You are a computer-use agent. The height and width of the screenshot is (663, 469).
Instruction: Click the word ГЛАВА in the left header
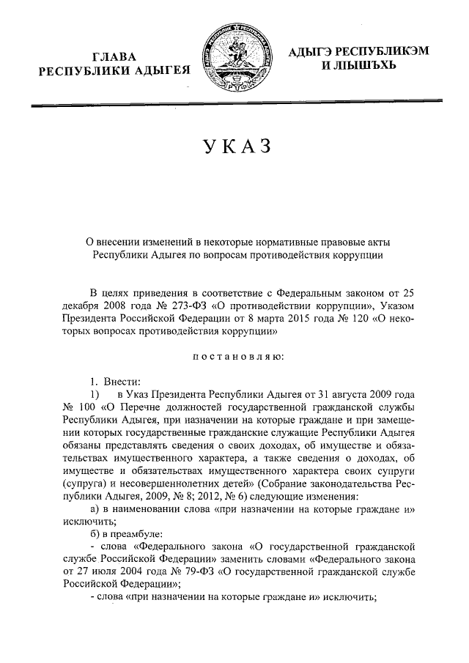click(x=119, y=56)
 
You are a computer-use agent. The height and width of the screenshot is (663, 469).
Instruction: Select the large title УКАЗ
click(x=235, y=146)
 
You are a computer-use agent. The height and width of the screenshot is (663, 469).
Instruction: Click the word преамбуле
click(x=133, y=535)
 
